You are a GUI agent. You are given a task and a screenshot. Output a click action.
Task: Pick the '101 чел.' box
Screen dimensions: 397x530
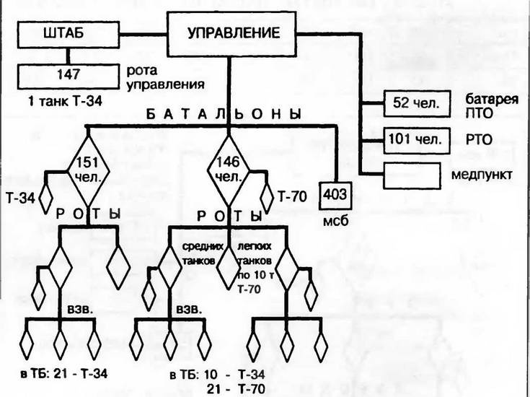tap(413, 138)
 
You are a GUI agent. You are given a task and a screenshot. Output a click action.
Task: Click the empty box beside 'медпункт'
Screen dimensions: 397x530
tap(413, 174)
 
